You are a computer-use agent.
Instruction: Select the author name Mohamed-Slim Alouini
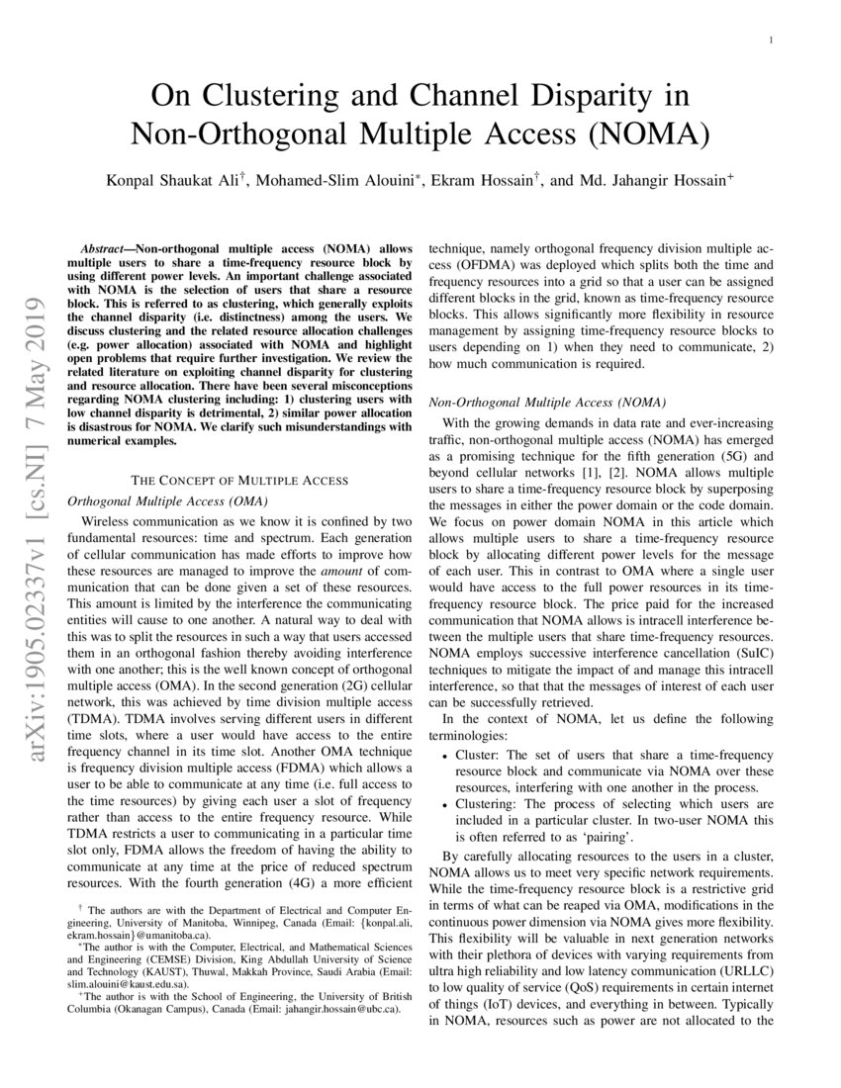coord(343,182)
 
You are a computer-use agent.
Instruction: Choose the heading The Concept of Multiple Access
coord(239,480)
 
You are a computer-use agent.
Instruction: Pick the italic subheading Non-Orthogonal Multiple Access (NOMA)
coord(546,403)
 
